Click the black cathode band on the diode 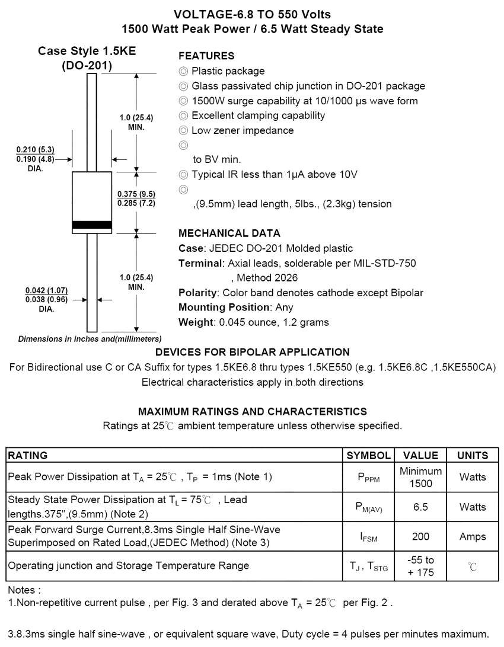point(92,225)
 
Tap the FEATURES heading point(206,56)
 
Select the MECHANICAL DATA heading point(229,233)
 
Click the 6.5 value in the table point(421,507)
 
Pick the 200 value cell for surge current point(421,537)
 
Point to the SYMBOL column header point(368,456)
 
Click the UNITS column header point(473,456)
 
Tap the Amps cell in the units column point(473,537)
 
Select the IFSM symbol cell point(368,537)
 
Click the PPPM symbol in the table point(368,478)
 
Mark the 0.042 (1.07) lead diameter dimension point(46,290)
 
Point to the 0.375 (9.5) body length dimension point(136,194)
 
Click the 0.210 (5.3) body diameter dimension point(36,149)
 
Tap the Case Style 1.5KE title point(87,52)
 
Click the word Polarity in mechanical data point(197,293)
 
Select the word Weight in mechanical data point(194,322)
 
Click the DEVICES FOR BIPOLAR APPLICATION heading point(252,352)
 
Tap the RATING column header point(27,456)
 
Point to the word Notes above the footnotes point(24,590)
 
